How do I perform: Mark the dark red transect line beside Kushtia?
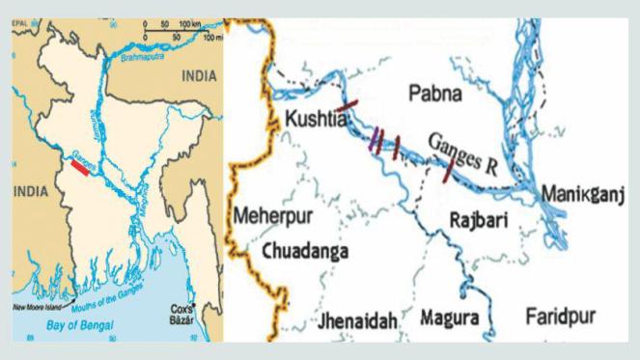click(348, 106)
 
